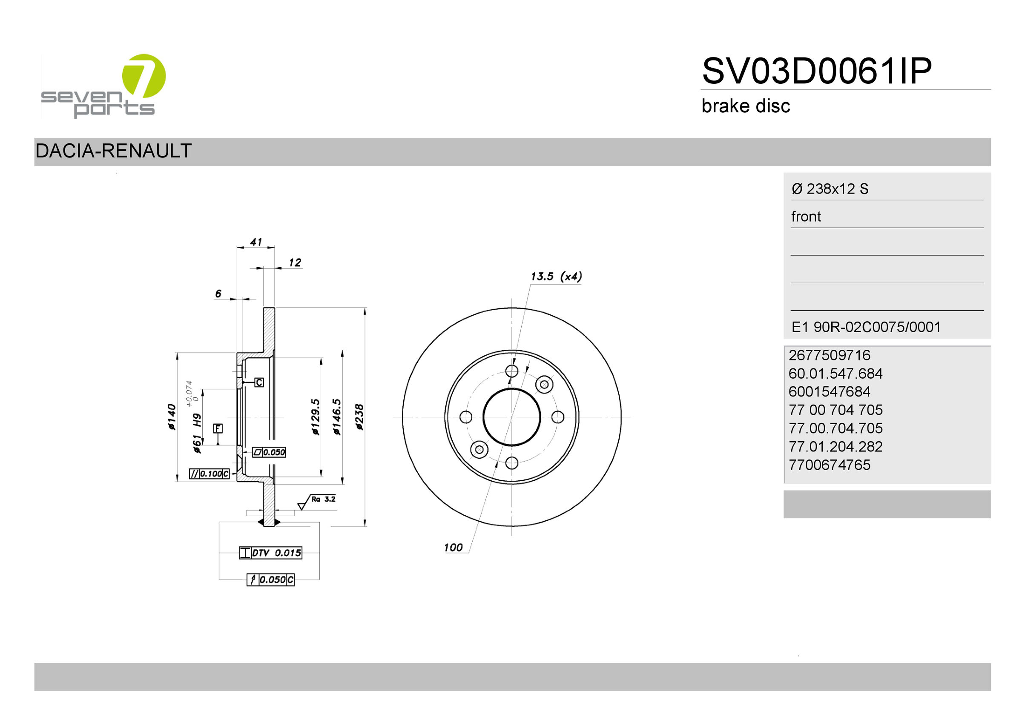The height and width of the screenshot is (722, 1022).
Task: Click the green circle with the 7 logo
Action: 144,76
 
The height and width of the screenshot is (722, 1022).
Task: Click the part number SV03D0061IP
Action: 817,71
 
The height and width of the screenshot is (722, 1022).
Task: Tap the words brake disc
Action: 746,106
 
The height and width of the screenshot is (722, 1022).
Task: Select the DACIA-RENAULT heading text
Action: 114,151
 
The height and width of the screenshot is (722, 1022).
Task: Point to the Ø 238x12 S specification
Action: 830,189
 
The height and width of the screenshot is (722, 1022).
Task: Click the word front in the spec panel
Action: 806,217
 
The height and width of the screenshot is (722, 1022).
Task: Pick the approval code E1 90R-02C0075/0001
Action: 866,327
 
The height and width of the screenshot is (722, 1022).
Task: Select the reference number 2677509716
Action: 829,355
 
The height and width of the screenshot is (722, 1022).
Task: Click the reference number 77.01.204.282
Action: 835,446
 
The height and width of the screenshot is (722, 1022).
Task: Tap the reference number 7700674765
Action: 829,465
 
